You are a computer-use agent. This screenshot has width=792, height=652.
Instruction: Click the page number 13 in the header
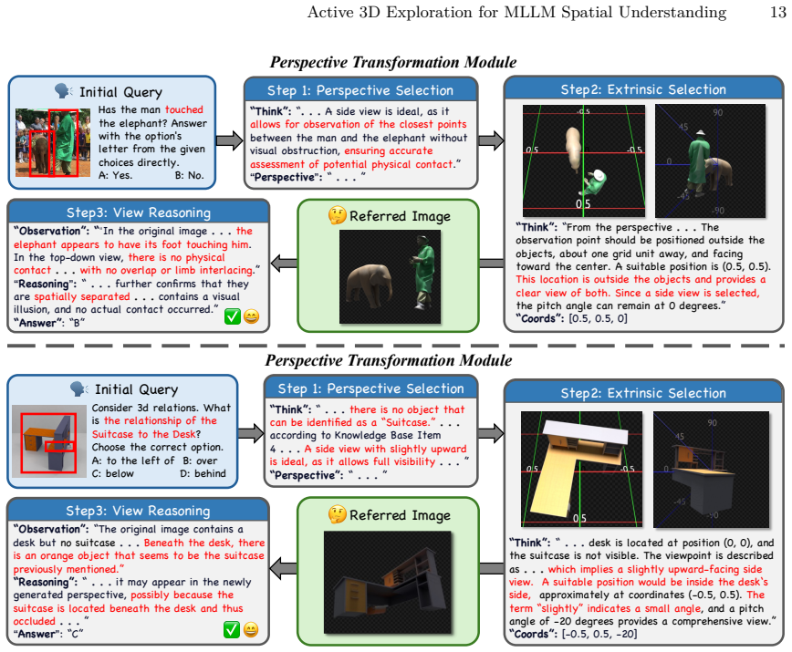tap(778, 12)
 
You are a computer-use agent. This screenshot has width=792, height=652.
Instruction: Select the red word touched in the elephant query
tap(184, 109)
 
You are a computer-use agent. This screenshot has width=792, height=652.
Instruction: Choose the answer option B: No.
tap(190, 175)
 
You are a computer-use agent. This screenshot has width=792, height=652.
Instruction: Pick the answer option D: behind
tap(203, 473)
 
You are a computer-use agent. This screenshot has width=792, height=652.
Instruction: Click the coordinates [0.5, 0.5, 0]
tap(598, 318)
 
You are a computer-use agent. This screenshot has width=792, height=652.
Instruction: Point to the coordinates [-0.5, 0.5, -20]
tap(599, 634)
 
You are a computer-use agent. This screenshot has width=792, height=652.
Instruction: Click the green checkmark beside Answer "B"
tap(233, 316)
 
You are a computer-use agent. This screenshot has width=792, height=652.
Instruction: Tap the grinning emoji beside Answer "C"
tap(251, 630)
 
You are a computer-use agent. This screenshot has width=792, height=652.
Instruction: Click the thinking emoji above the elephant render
tap(337, 215)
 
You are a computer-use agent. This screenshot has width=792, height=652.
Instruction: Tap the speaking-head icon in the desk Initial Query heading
tap(78, 389)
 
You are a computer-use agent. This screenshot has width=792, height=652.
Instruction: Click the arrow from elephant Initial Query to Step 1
tap(230, 140)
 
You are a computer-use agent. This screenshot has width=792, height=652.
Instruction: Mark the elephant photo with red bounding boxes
tap(53, 142)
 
